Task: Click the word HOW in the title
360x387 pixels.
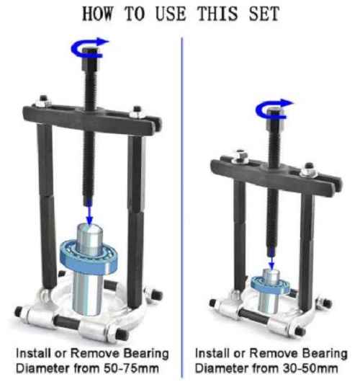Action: tap(99, 13)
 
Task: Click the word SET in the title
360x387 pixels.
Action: tap(264, 13)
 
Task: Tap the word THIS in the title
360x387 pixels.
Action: tap(218, 13)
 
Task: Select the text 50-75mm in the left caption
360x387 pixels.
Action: tap(131, 368)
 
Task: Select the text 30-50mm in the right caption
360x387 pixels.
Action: tap(310, 368)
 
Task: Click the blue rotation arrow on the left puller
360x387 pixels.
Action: tap(89, 48)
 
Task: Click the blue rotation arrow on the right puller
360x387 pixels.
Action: tap(273, 109)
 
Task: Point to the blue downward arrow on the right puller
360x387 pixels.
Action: tap(271, 259)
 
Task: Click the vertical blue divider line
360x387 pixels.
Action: tap(182, 208)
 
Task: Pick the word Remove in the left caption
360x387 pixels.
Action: tap(95, 353)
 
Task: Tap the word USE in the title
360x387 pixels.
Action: tap(171, 13)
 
